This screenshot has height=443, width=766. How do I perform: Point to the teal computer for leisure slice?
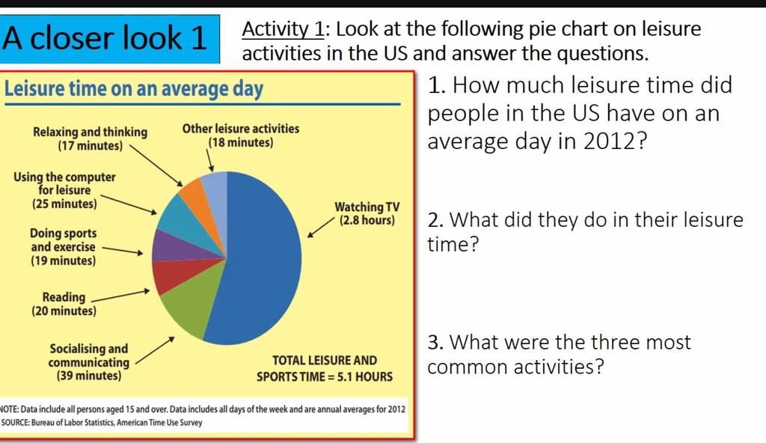coord(177,216)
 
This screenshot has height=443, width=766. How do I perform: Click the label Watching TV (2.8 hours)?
coord(367,214)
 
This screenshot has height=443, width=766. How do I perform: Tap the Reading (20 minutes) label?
coord(64,304)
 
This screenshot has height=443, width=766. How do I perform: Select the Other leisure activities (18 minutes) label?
coord(240,135)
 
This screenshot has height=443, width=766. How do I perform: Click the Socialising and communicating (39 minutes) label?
coord(89,362)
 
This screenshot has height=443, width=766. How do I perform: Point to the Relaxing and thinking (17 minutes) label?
coord(90,138)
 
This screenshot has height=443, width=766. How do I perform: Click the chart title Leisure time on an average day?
coord(134,89)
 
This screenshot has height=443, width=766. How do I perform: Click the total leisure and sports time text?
coord(324,368)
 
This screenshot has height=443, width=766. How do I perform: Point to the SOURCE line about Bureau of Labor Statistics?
coord(102,423)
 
